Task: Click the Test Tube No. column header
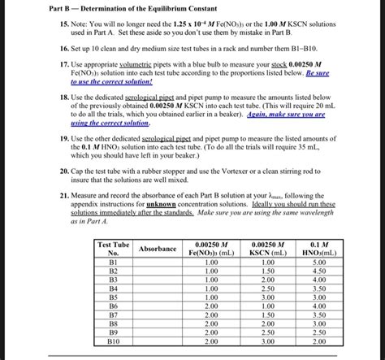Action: tap(113, 249)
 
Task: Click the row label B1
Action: tap(113, 262)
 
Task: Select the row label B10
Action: tap(113, 342)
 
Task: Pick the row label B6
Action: tap(113, 306)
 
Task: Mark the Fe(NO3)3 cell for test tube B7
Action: tap(211, 315)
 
